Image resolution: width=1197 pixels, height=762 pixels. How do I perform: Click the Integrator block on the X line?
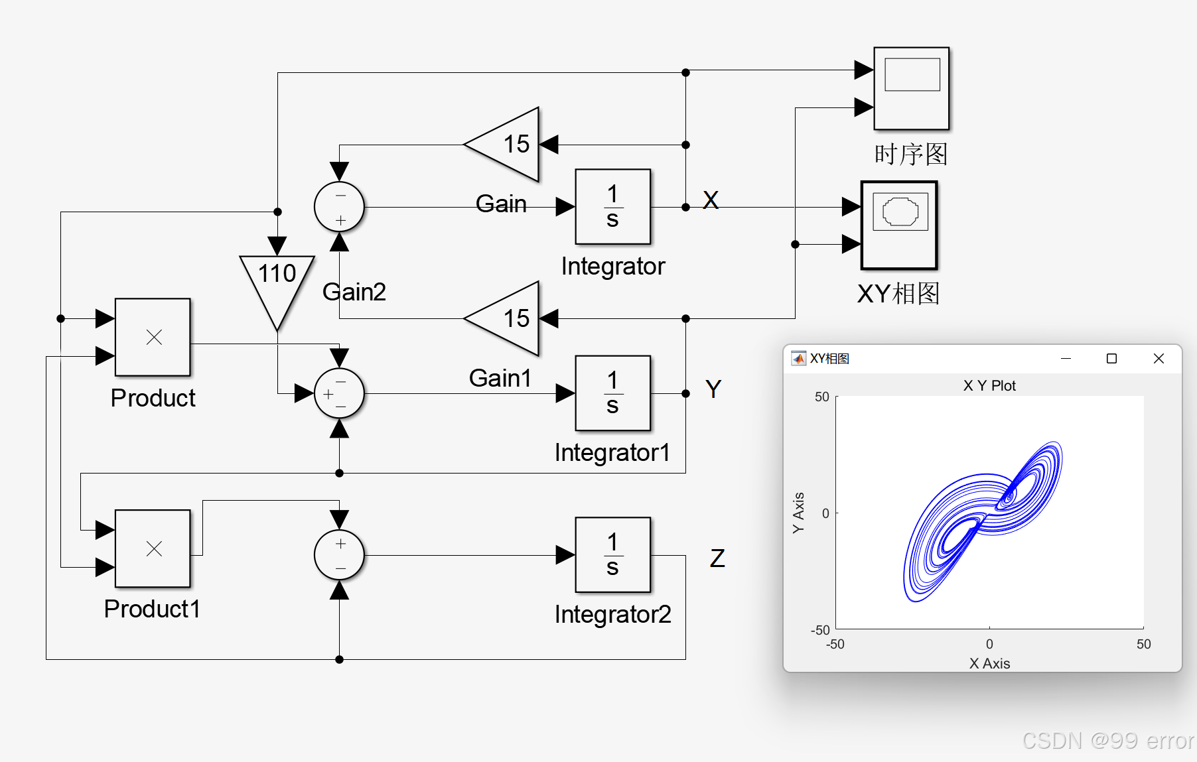[612, 207]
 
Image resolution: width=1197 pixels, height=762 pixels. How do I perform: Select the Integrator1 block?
[612, 393]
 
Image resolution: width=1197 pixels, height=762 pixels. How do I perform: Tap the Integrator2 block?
[612, 555]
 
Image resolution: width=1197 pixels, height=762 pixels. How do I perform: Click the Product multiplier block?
[153, 338]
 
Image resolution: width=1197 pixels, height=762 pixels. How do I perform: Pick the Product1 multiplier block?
[153, 548]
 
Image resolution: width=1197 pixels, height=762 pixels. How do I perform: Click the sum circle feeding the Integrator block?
[339, 207]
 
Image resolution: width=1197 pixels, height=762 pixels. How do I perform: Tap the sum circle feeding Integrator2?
[339, 555]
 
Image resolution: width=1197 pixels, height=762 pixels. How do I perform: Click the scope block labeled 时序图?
[911, 88]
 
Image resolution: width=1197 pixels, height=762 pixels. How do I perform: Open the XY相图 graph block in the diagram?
[899, 225]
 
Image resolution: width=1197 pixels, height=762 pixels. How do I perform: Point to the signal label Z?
[717, 558]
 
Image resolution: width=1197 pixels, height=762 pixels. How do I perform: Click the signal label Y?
[713, 389]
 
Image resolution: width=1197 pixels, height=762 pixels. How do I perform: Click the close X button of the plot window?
[1159, 359]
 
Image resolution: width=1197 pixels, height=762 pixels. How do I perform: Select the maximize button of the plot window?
[1111, 359]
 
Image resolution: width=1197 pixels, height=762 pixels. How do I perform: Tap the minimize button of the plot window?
[1066, 359]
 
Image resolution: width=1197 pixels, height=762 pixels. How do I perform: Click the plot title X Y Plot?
[989, 386]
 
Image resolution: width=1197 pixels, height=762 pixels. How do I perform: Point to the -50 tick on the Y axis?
[820, 630]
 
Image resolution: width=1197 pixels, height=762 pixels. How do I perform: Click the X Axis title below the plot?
[989, 663]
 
